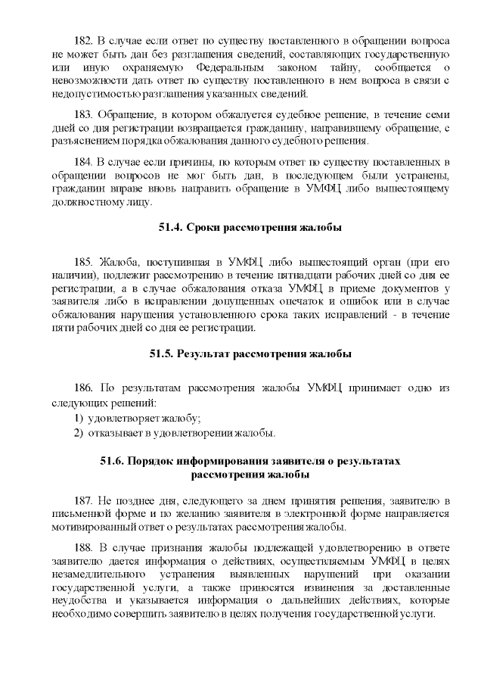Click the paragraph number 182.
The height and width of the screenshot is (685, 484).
pyautogui.click(x=85, y=39)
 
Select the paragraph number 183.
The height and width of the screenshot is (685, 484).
pyautogui.click(x=85, y=114)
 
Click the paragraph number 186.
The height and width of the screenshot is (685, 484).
pyautogui.click(x=85, y=388)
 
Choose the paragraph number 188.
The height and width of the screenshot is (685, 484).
pyautogui.click(x=85, y=547)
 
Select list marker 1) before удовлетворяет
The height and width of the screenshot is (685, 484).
pyautogui.click(x=77, y=417)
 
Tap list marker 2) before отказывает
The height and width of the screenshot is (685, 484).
pyautogui.click(x=77, y=433)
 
